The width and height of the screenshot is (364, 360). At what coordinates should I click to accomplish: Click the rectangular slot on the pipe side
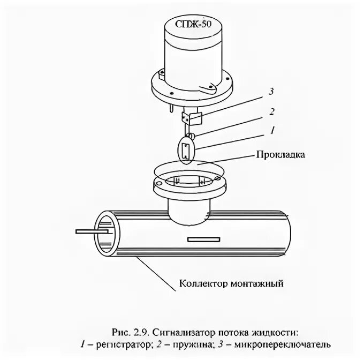click(203, 238)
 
